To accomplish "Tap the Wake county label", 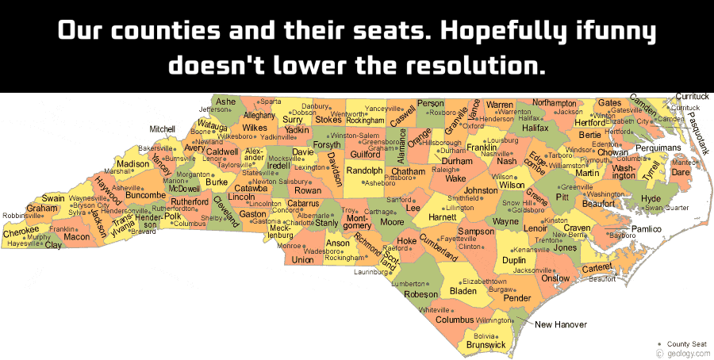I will click(x=455, y=178).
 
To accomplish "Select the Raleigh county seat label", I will click(x=444, y=170).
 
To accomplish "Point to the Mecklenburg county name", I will click(x=279, y=231).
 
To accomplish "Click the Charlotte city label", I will click(x=299, y=223).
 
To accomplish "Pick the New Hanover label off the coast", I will click(x=560, y=324).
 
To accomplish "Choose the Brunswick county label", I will click(x=486, y=345).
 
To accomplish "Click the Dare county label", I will click(x=681, y=171).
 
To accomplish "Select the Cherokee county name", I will click(x=21, y=232).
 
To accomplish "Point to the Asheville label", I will click(x=126, y=188).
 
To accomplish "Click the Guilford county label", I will click(x=365, y=154).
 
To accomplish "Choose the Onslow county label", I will click(x=555, y=278).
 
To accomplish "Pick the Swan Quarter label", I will click(x=666, y=208).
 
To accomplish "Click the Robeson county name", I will click(x=421, y=294).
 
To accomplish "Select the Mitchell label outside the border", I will click(x=162, y=128).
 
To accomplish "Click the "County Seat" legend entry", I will click(x=687, y=343).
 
